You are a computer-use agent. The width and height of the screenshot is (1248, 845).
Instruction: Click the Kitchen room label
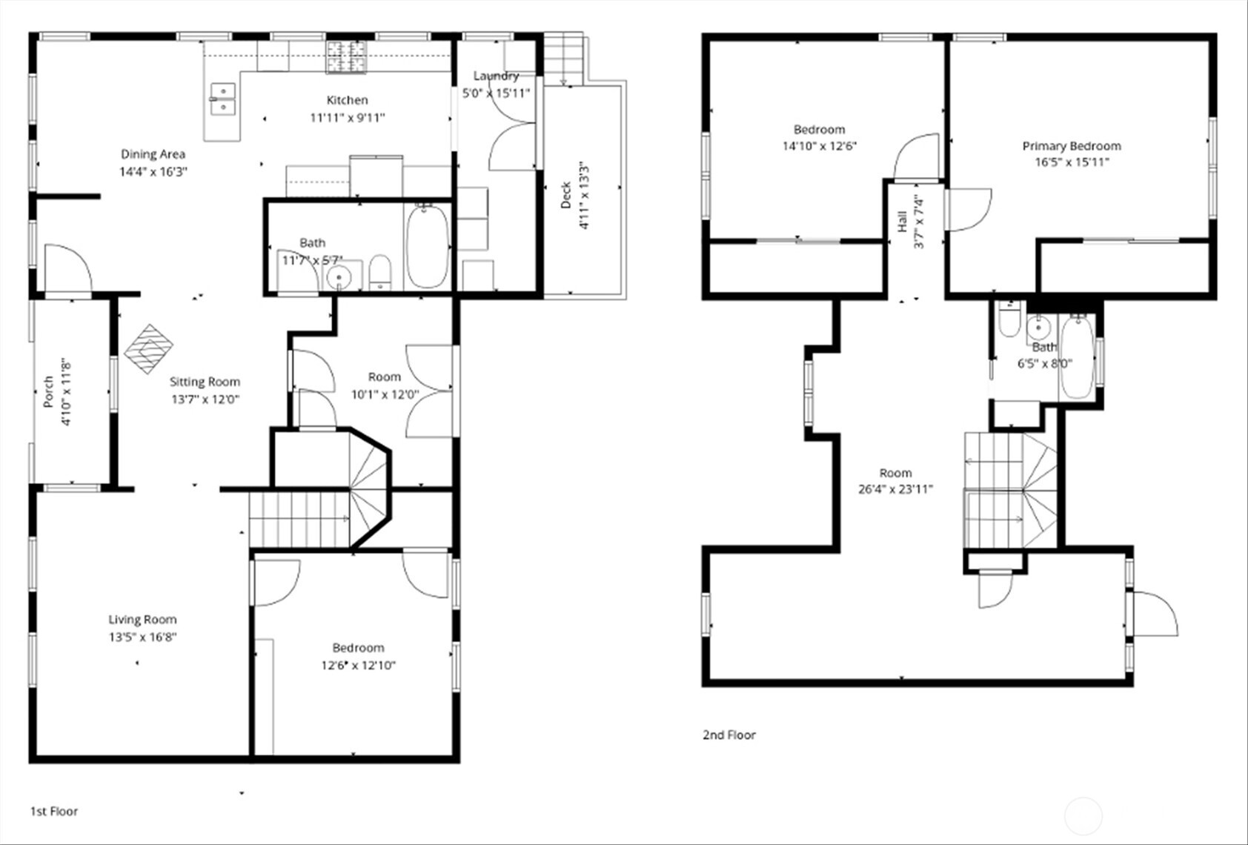point(347,100)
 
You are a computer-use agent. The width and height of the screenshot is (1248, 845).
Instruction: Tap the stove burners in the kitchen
point(345,57)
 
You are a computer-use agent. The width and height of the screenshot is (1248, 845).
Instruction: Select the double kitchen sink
point(222,99)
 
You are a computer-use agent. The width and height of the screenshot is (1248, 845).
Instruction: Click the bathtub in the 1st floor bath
point(427,248)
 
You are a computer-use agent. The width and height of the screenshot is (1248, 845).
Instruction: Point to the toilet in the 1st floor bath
point(379,272)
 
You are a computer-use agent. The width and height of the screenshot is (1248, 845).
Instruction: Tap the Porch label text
point(48,392)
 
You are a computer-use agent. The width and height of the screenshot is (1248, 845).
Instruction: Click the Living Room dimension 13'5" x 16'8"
point(142,637)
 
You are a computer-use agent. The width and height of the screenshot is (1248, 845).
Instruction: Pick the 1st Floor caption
point(53,811)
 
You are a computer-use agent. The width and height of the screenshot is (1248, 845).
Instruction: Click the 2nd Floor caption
point(728,735)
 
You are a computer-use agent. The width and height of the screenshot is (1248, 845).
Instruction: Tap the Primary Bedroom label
point(1071,146)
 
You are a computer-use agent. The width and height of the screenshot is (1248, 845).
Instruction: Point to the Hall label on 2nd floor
point(902,221)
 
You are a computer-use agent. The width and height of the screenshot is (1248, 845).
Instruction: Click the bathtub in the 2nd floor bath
point(1075,358)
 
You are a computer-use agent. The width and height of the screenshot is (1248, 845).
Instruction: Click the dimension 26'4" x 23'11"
point(895,489)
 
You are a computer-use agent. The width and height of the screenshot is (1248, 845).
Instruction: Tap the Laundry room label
point(496,76)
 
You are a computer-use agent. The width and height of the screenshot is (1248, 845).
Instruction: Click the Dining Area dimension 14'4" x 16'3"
point(153,171)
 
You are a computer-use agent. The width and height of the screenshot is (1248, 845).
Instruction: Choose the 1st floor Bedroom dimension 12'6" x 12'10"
point(358,665)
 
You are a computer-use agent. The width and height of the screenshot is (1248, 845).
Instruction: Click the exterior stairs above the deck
point(563,57)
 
